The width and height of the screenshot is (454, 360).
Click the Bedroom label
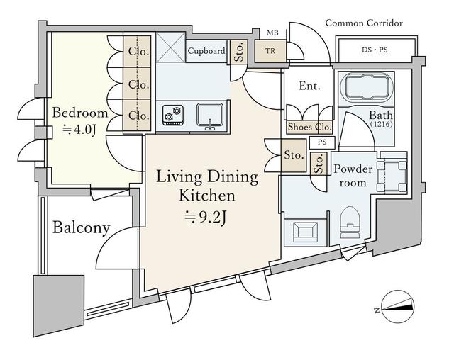coord(80,113)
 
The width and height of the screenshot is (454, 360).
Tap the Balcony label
coord(82,227)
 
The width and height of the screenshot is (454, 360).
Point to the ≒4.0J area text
coord(79,130)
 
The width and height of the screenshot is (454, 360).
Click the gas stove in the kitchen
coord(173,115)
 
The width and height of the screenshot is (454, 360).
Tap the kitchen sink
coord(210,116)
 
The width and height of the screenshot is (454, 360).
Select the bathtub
coord(367,86)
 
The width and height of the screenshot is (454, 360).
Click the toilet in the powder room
coord(350,223)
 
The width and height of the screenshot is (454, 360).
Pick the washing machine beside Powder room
coord(392,176)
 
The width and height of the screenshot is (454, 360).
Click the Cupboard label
coord(206,51)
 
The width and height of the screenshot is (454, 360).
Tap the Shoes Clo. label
coord(309,127)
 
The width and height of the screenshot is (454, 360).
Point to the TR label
coord(270,51)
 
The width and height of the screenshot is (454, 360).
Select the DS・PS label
coord(375,50)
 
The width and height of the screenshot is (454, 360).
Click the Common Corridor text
coord(364,23)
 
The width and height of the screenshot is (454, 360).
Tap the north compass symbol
coord(398,306)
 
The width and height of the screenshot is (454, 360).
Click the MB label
coord(272,33)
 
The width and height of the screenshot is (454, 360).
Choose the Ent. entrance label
coord(309,86)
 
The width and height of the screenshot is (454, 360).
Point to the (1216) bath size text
coord(382,125)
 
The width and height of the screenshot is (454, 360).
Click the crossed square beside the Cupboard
coord(170,47)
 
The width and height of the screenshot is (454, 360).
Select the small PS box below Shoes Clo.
coord(322,142)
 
